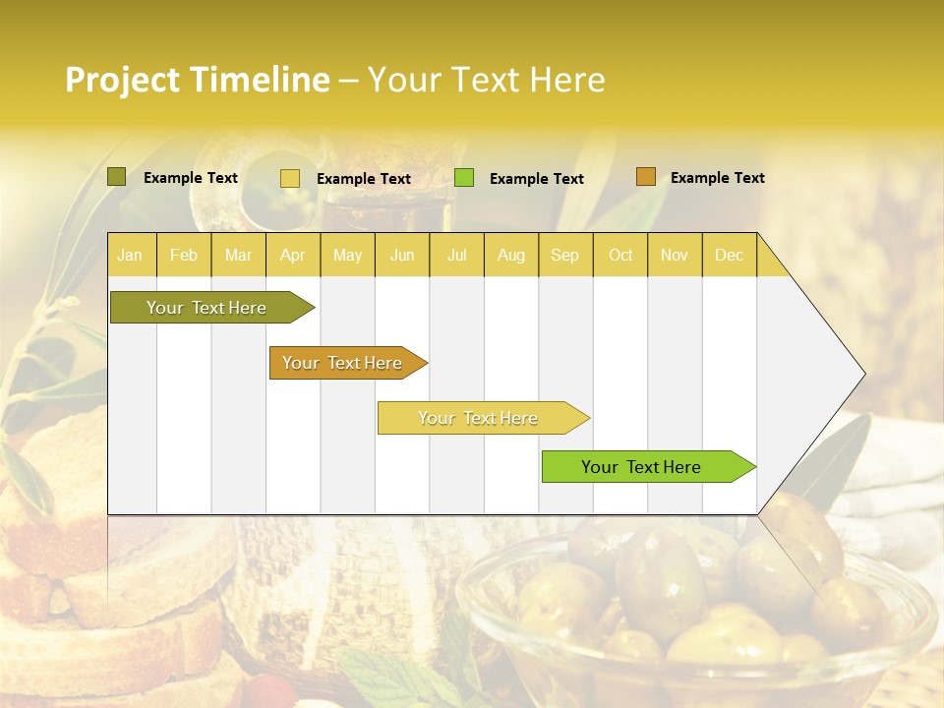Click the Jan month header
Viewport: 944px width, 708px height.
coord(130,255)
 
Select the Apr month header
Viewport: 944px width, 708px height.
coord(292,255)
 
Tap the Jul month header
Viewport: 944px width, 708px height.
coord(456,255)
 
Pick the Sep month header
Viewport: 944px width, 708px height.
coord(564,255)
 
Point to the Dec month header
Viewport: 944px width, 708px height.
coord(729,255)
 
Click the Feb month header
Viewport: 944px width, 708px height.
coord(184,255)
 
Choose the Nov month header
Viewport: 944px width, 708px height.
coord(674,255)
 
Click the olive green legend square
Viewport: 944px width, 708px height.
coord(117,177)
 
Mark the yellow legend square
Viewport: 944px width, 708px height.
coord(290,178)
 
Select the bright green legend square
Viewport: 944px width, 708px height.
coord(464,178)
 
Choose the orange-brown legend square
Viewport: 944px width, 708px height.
coord(645,177)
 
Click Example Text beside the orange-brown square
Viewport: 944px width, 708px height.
coord(717,178)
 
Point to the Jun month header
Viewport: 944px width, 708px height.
coord(401,255)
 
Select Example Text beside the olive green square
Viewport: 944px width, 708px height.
coord(190,178)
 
